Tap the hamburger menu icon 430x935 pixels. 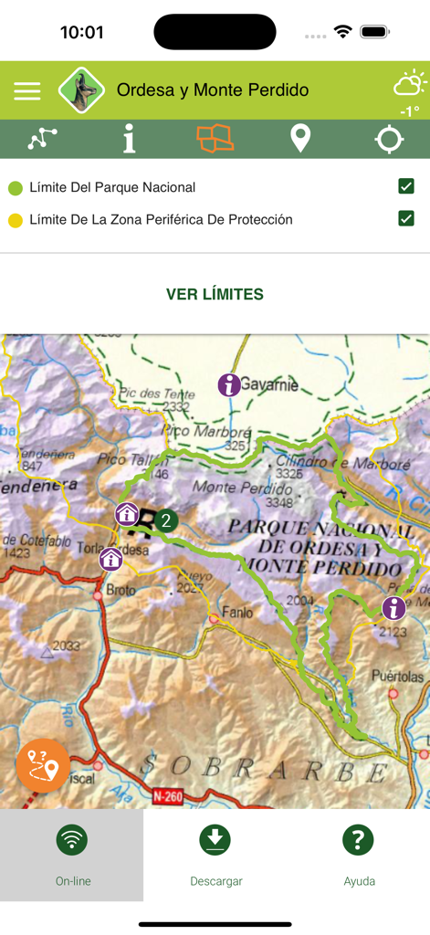[27, 90]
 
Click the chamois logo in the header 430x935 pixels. [81, 89]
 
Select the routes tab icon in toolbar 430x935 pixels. [42, 139]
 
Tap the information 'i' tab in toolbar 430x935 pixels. [129, 139]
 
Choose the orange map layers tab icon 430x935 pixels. [215, 139]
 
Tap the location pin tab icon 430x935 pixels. [300, 139]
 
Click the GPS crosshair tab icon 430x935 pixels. [389, 139]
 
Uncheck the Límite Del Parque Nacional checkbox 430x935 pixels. [406, 186]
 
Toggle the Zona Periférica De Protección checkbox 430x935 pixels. [406, 219]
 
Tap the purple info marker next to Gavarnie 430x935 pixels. [229, 384]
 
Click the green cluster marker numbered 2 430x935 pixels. [165, 520]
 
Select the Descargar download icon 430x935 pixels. [215, 840]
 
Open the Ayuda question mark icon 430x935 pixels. [359, 840]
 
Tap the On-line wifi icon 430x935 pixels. [72, 840]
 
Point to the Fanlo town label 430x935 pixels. [236, 613]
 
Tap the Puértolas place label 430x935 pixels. [398, 677]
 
